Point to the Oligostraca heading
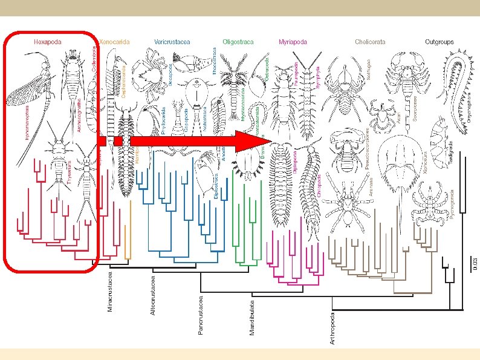tap(238, 42)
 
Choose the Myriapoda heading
tap(293, 42)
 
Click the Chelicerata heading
tap(370, 42)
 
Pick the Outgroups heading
tap(439, 42)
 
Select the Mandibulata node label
tap(253, 313)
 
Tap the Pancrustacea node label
tap(201, 313)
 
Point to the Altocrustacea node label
tap(153, 295)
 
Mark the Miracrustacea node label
tap(110, 292)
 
